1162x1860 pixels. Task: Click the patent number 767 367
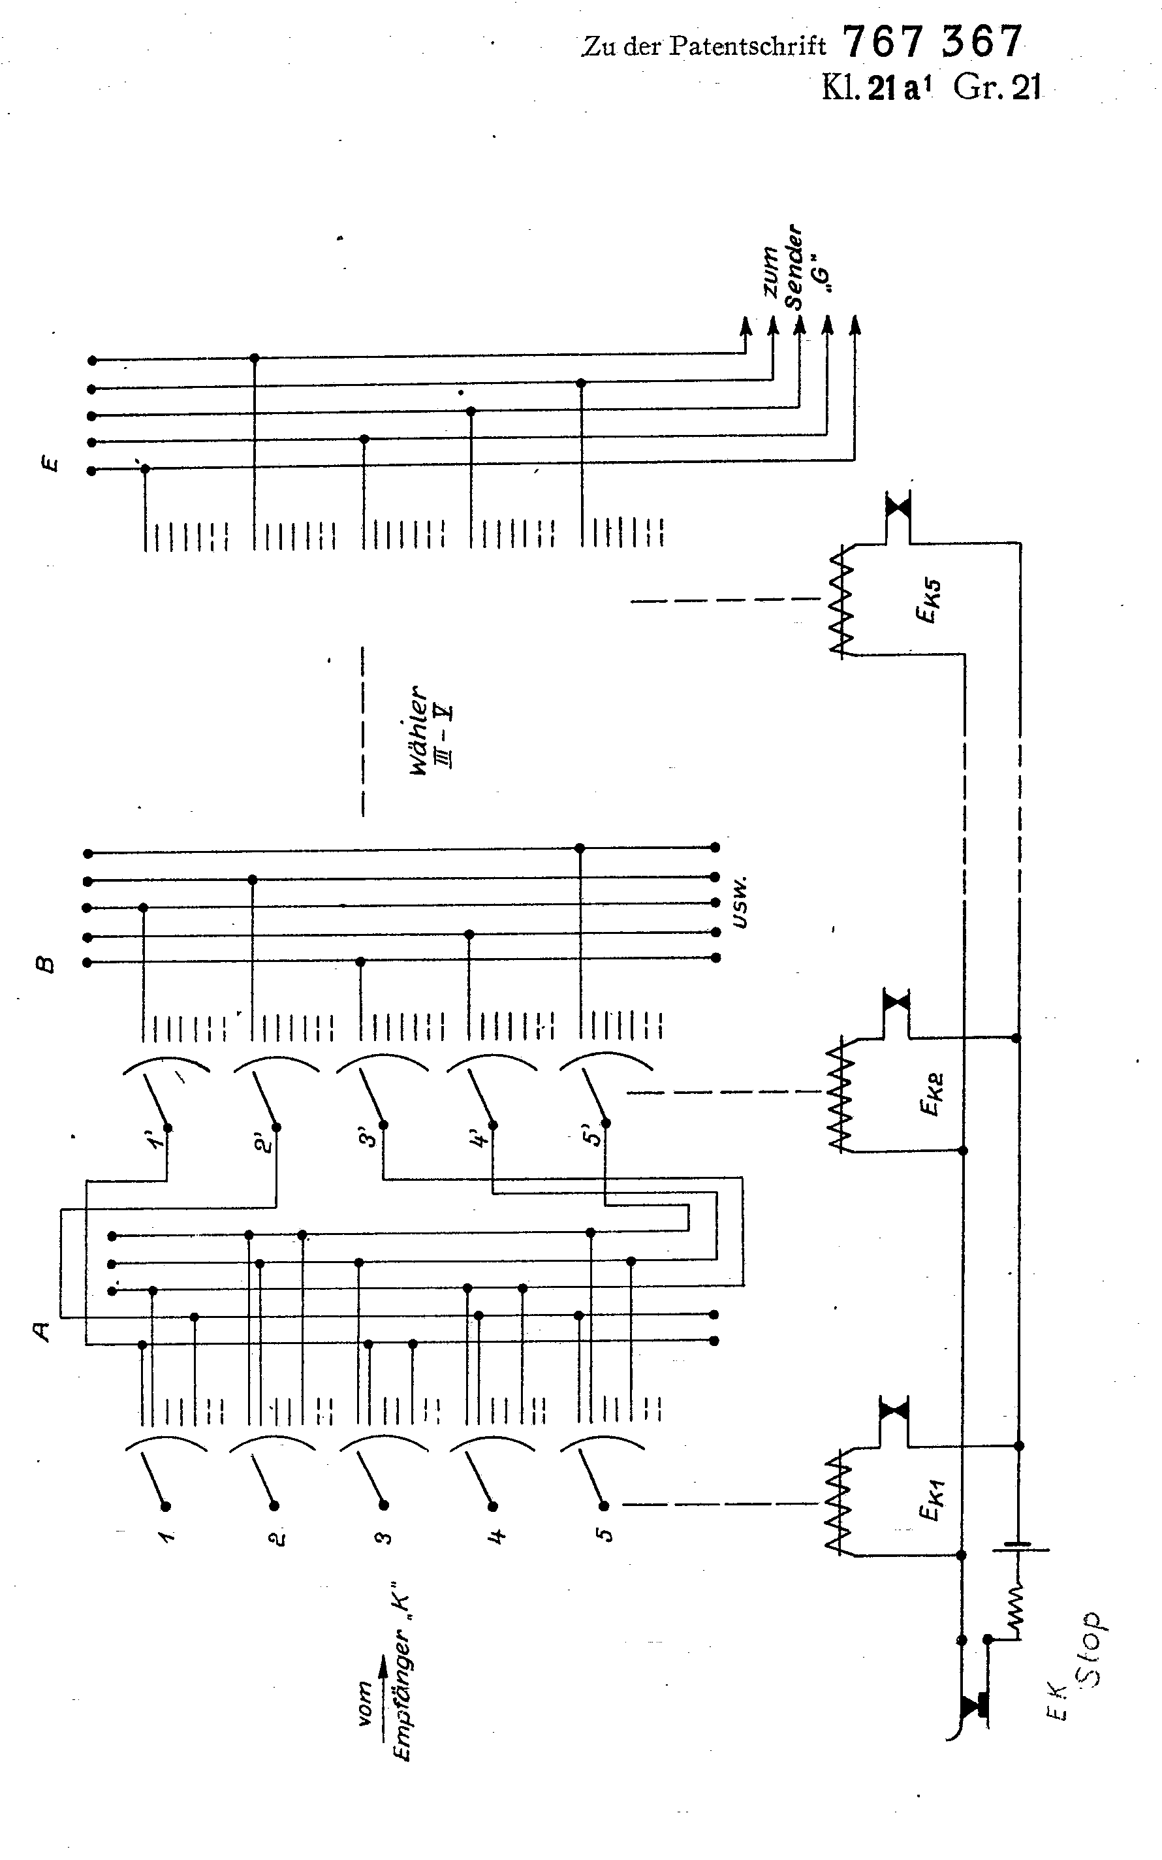tap(932, 42)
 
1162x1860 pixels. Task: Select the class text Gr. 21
tap(997, 88)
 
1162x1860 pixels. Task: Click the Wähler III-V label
tap(430, 730)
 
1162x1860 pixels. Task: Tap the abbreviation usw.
tap(740, 901)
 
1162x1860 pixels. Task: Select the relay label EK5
tap(931, 601)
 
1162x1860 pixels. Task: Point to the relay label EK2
tap(931, 1093)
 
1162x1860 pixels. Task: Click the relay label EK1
tap(931, 1501)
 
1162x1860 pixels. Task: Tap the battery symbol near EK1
tap(1020, 1548)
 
